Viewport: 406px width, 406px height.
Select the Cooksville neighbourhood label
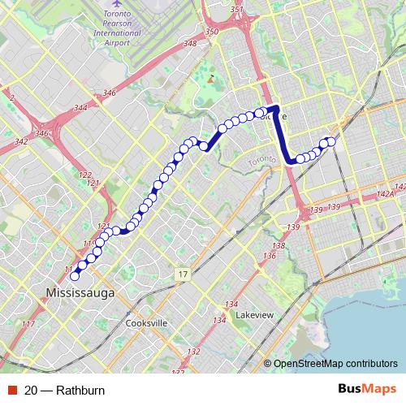(146, 322)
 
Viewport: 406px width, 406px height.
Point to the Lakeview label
(253, 314)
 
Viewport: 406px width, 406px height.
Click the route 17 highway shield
(184, 276)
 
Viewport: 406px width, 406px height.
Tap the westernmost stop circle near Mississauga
(76, 276)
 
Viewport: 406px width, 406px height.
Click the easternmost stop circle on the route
(330, 142)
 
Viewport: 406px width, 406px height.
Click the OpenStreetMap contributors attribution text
(335, 364)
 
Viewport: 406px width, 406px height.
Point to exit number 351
(237, 10)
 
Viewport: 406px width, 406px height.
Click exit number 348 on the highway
(190, 43)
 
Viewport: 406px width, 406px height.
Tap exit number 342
(22, 141)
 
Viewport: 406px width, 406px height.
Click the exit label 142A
(386, 194)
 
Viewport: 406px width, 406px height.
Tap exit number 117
(28, 325)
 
